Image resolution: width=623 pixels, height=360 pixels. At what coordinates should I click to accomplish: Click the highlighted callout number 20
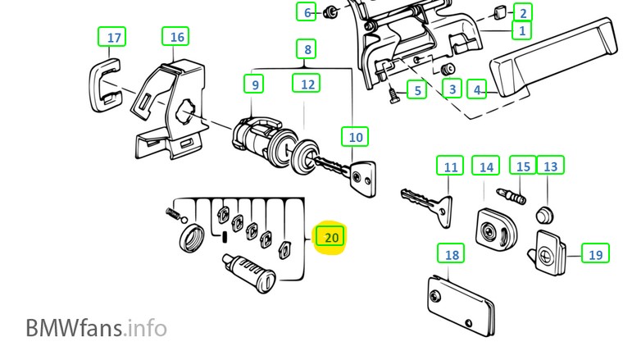tap(331, 238)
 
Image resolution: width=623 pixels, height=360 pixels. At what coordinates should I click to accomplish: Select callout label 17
tap(114, 38)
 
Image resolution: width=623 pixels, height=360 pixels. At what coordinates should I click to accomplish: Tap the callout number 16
tap(177, 37)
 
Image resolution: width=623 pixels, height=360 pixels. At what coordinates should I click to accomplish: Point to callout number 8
tap(307, 50)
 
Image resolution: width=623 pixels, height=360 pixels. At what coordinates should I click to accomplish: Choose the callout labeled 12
tap(307, 84)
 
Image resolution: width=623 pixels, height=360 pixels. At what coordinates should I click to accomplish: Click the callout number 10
tap(355, 137)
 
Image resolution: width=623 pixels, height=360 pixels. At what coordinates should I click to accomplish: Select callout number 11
tap(450, 166)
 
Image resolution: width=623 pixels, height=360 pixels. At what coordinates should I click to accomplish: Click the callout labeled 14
tap(487, 166)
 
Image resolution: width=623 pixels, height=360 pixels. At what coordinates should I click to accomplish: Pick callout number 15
tap(523, 166)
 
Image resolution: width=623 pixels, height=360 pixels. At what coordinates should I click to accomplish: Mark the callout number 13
tap(550, 166)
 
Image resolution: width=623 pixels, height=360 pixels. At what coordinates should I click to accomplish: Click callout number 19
tap(595, 254)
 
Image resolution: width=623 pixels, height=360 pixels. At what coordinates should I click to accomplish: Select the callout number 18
tap(452, 254)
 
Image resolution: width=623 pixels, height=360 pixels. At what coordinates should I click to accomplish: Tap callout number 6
tap(307, 12)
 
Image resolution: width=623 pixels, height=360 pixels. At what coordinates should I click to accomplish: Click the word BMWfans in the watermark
tap(74, 328)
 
